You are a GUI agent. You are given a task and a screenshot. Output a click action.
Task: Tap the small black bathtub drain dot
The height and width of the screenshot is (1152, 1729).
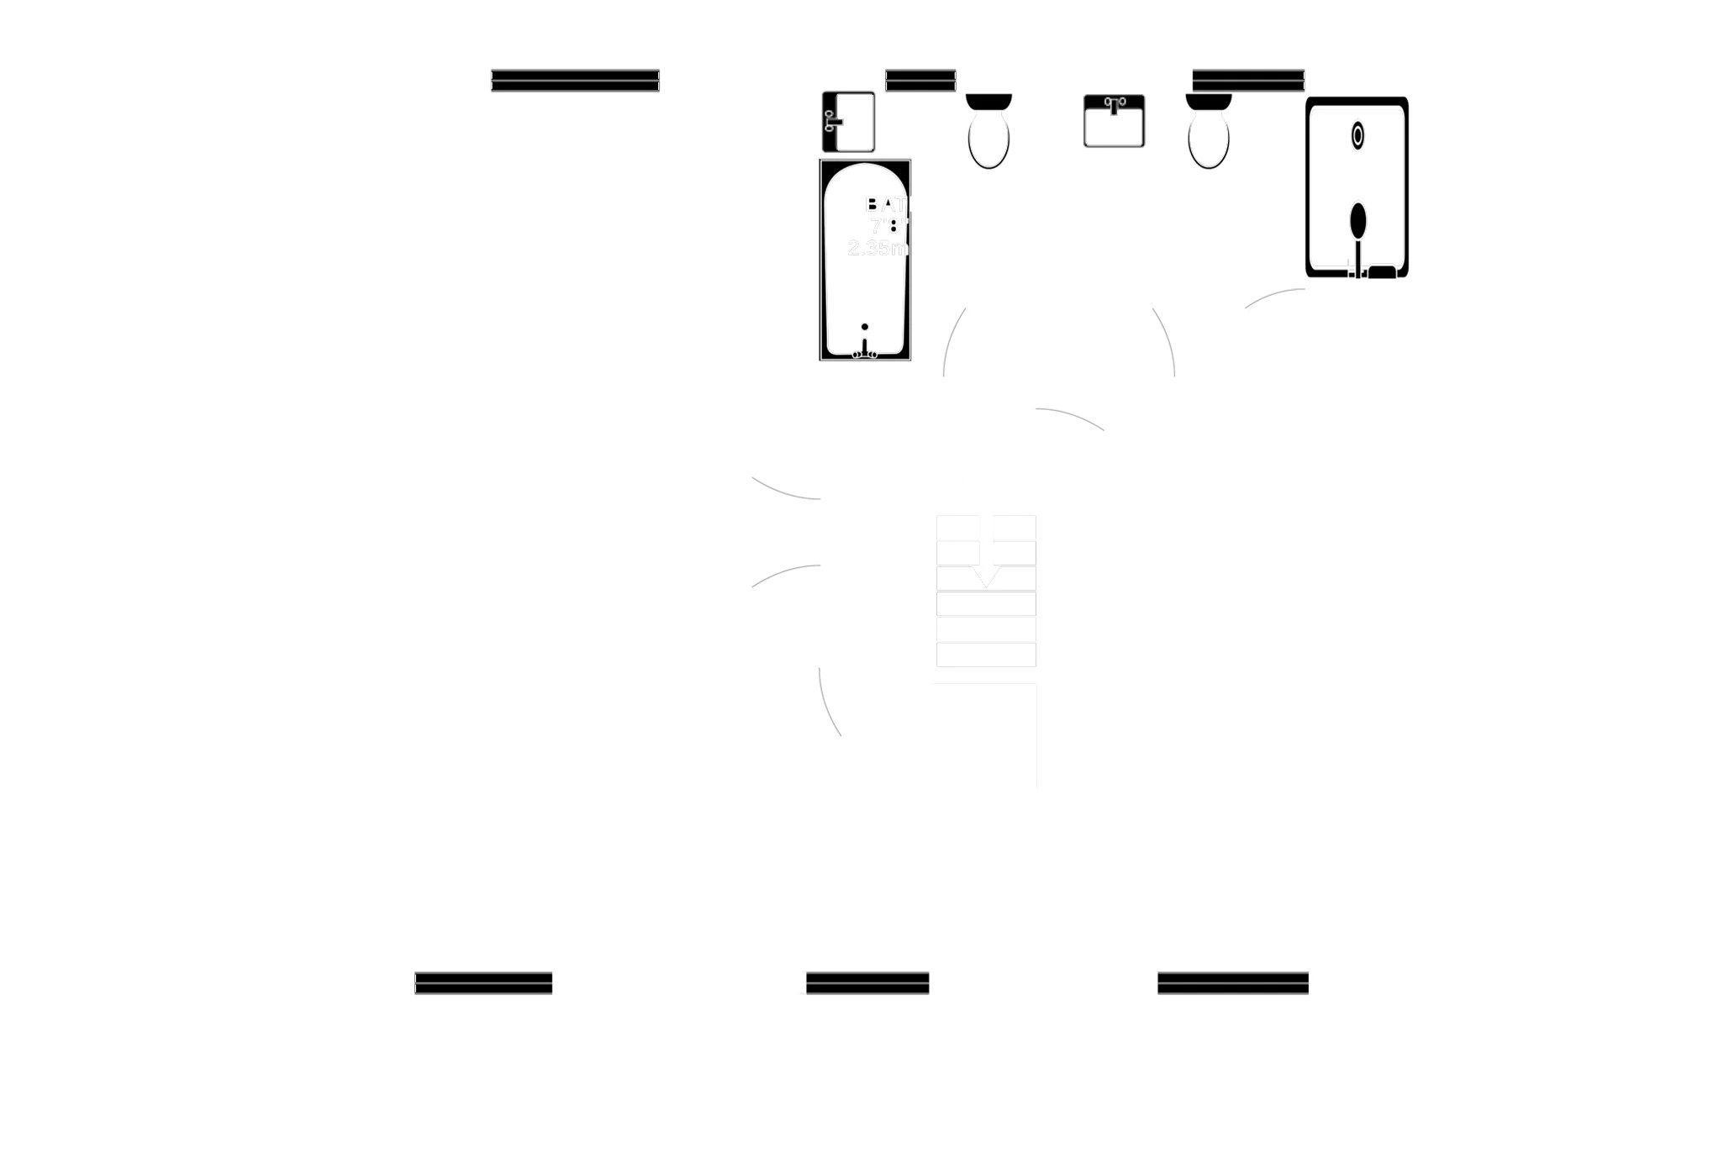click(x=864, y=326)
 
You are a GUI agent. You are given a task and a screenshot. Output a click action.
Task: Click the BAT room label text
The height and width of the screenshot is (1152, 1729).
click(x=887, y=204)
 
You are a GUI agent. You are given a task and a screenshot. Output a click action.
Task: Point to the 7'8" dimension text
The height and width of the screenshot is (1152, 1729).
click(x=889, y=226)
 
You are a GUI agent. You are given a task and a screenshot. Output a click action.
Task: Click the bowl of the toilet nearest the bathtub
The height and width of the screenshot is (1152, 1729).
click(x=988, y=139)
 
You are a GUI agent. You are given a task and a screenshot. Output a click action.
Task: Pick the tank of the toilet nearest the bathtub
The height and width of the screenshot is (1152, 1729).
click(x=988, y=102)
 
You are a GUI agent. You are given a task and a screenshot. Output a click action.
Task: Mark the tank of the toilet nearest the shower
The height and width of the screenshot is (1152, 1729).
click(x=1209, y=102)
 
